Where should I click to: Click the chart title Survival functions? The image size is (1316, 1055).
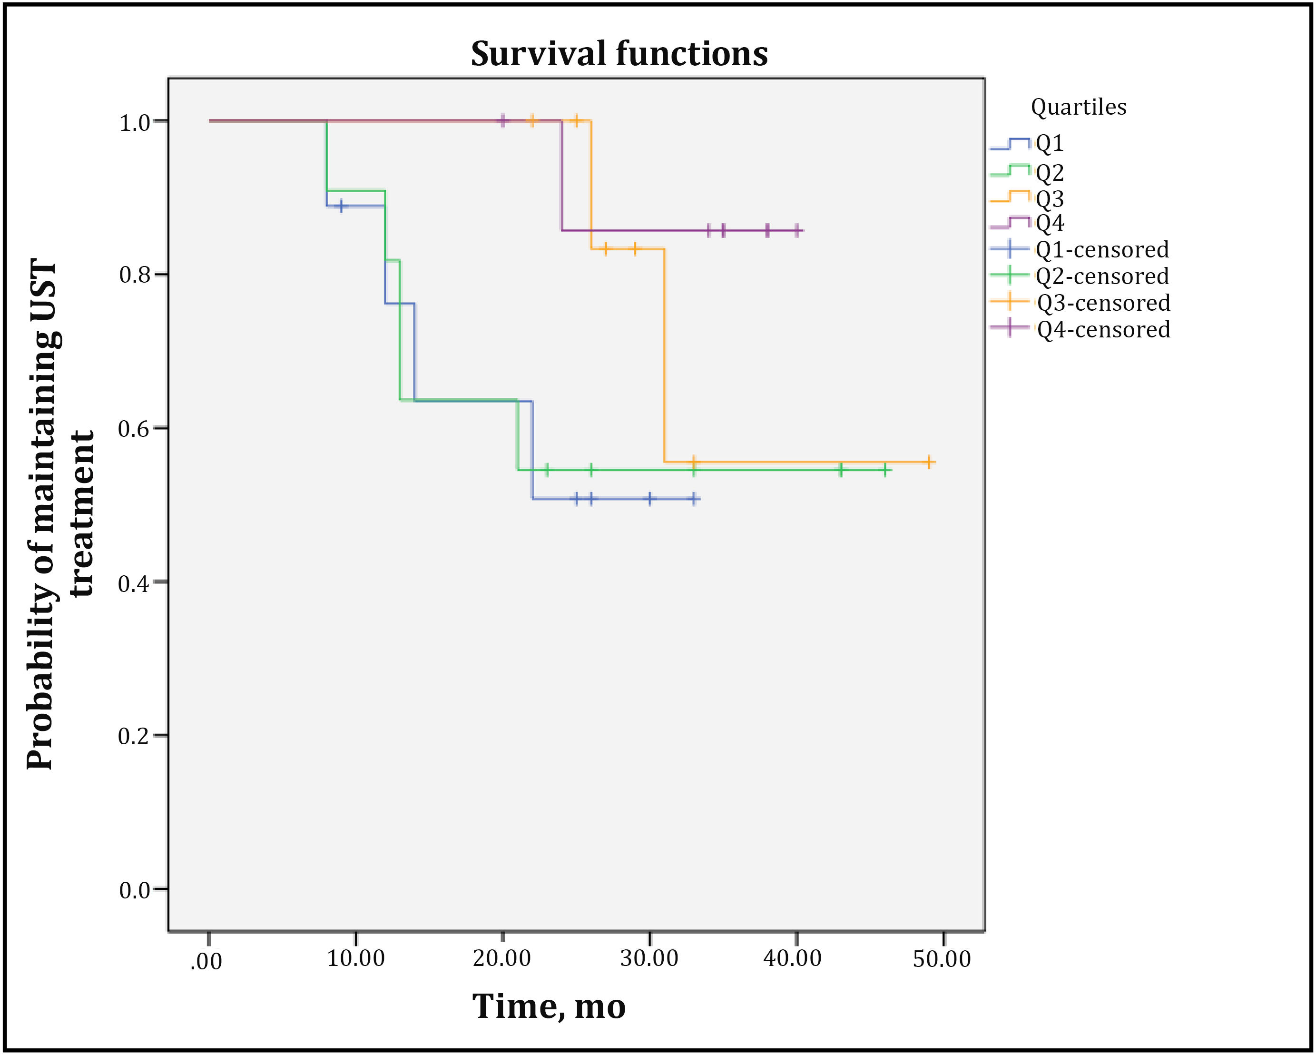pos(619,54)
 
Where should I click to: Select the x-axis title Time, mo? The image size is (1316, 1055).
pos(549,1006)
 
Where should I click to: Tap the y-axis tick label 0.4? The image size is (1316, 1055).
pos(135,583)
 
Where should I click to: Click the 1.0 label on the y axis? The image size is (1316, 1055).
pos(135,123)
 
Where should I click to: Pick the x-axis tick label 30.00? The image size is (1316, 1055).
pos(649,958)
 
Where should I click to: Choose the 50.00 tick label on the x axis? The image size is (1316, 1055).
pos(942,958)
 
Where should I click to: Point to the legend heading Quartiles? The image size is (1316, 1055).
pos(1079,108)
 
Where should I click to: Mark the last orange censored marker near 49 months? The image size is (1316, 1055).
pos(928,462)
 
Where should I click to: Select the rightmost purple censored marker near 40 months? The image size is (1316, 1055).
pos(796,231)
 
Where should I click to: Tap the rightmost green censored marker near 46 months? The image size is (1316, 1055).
pos(885,470)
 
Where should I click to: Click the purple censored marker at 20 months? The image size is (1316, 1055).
pos(502,121)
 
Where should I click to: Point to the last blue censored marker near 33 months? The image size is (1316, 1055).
pos(693,499)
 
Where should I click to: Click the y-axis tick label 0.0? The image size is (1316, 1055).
pos(135,891)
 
